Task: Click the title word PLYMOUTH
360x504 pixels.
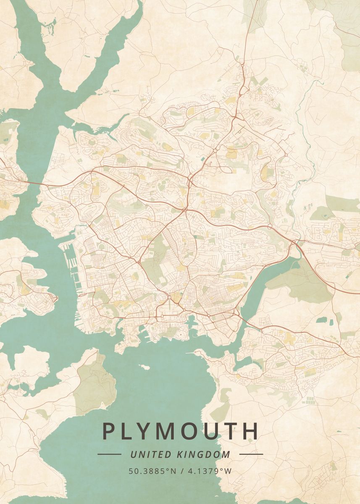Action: [180, 431]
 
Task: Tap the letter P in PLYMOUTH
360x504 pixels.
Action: [108, 431]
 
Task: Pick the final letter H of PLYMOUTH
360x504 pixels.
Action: [251, 431]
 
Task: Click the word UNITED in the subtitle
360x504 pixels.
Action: [145, 454]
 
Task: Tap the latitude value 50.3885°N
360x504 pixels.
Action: [152, 471]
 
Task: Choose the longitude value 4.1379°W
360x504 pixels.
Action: [209, 471]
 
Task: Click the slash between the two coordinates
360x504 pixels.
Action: [181, 471]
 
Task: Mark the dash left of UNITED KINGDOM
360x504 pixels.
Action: [109, 454]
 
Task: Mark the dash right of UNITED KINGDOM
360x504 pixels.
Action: [251, 454]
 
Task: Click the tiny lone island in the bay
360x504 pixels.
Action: [145, 367]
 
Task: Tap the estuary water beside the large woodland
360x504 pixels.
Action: [269, 273]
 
